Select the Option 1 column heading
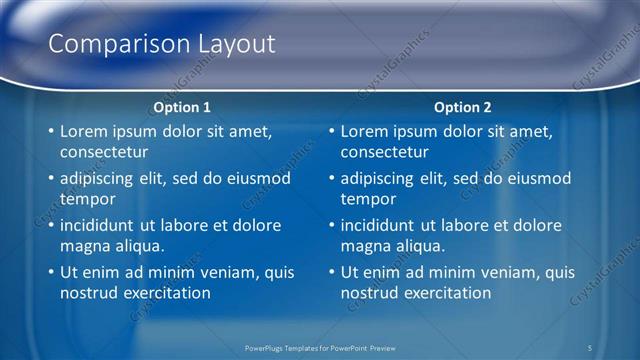pyautogui.click(x=182, y=107)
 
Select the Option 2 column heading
pyautogui.click(x=462, y=107)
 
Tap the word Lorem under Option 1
pyautogui.click(x=84, y=131)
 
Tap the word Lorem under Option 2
pyautogui.click(x=364, y=131)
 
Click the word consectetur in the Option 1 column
pyautogui.click(x=104, y=152)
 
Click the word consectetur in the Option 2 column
pyautogui.click(x=384, y=152)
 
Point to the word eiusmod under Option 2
pyautogui.click(x=537, y=179)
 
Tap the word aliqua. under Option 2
pyautogui.click(x=418, y=246)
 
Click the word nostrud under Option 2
pyautogui.click(x=369, y=293)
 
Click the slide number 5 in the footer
pyautogui.click(x=591, y=347)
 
